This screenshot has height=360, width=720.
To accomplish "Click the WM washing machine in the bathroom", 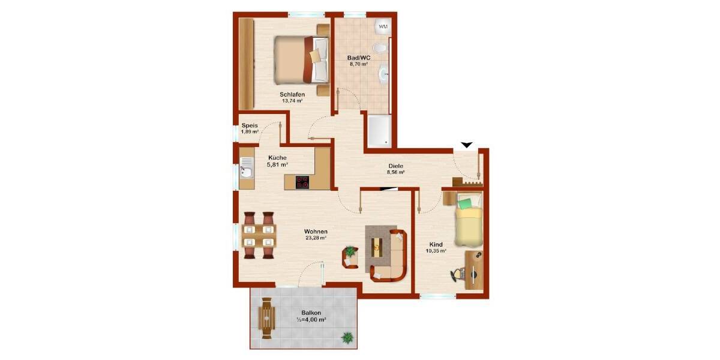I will [382, 26].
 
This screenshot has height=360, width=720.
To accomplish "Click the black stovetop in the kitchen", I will [302, 182].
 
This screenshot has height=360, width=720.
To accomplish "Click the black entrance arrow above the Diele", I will [466, 145].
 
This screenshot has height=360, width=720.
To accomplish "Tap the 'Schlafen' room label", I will [292, 95].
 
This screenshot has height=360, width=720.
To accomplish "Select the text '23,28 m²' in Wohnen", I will [315, 238].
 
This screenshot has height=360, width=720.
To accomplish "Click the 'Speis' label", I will [250, 125].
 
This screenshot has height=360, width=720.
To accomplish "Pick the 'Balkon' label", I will [311, 313].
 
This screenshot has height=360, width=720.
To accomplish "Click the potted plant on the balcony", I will [347, 338].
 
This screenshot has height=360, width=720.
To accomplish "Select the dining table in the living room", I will [259, 235].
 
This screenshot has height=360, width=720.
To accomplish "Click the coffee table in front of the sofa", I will [376, 245].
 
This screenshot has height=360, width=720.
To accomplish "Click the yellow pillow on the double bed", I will [315, 55].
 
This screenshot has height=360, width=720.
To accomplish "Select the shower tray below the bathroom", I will [379, 131].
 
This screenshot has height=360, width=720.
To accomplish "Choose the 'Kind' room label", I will [436, 244].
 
